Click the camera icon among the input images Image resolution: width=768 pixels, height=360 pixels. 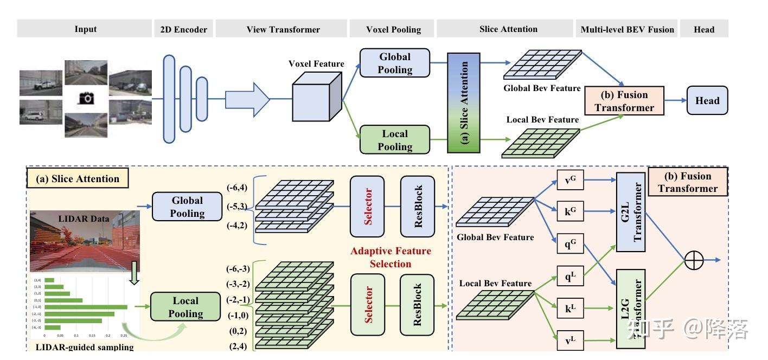86,98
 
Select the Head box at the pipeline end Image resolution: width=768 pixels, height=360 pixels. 707,100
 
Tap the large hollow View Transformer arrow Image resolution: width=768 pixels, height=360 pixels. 247,99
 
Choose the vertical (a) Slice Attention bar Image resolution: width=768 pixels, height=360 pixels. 464,102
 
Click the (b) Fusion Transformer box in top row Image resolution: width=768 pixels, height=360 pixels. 624,101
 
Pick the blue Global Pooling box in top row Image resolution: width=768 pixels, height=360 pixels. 394,63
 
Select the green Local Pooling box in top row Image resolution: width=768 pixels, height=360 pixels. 394,140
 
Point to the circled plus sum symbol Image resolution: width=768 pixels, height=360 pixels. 694,260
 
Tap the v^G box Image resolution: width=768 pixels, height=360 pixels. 570,179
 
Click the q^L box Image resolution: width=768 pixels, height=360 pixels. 570,278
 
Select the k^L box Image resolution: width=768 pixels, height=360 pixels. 570,309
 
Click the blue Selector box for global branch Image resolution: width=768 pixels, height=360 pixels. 367,207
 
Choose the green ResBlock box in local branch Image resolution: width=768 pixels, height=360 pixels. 418,305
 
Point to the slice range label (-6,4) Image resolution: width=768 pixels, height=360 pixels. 238,188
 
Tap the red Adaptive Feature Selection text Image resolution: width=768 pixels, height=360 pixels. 391,258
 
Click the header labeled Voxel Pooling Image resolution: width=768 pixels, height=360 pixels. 393,29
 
